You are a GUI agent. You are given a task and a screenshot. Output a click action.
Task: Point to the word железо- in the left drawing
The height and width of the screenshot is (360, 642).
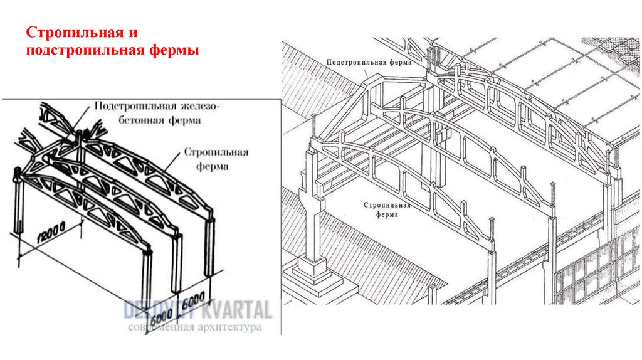click(x=208, y=105)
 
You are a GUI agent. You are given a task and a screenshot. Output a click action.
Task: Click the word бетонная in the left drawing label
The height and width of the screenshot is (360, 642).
click(x=131, y=119)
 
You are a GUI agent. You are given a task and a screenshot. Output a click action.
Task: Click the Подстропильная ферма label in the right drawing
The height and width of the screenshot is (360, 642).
click(x=369, y=63)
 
